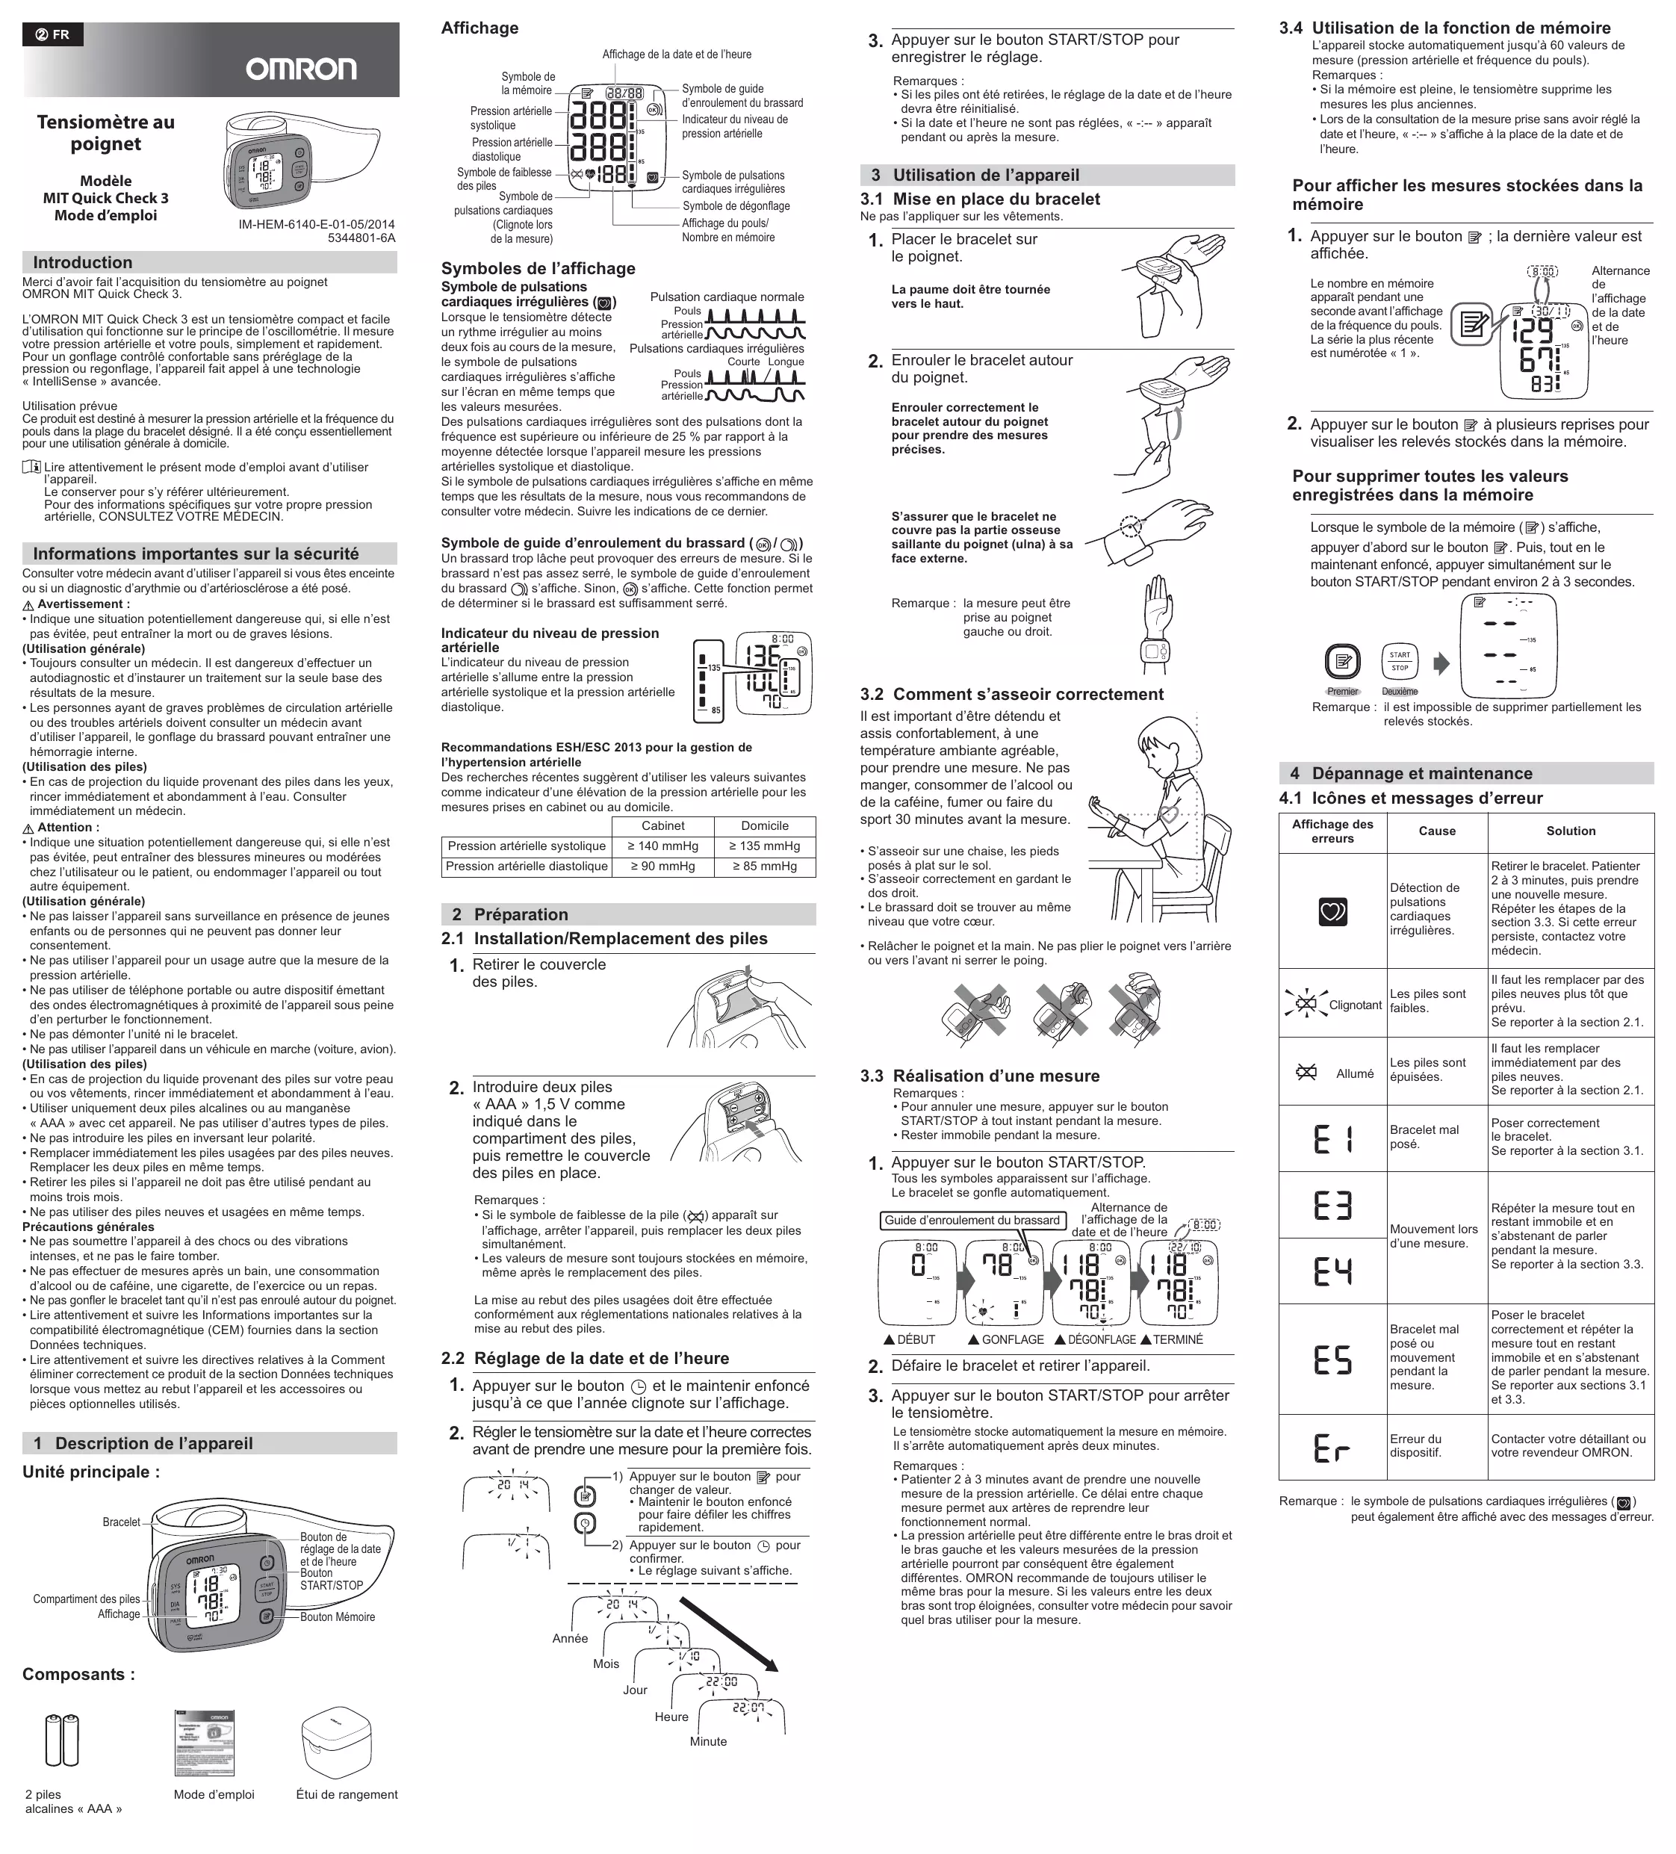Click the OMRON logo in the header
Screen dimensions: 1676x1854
pyautogui.click(x=301, y=69)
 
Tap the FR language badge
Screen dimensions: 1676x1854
pyautogui.click(x=52, y=35)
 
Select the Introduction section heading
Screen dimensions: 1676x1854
pyautogui.click(x=83, y=263)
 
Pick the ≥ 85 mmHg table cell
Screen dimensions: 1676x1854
pyautogui.click(x=764, y=866)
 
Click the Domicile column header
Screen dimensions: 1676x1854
pyautogui.click(x=764, y=826)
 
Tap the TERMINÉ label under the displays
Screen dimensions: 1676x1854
pyautogui.click(x=1178, y=1340)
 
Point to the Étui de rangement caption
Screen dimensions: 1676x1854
pyautogui.click(x=347, y=1794)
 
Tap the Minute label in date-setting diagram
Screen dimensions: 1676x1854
pyautogui.click(x=708, y=1742)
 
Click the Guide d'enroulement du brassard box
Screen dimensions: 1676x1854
pyautogui.click(x=972, y=1221)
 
